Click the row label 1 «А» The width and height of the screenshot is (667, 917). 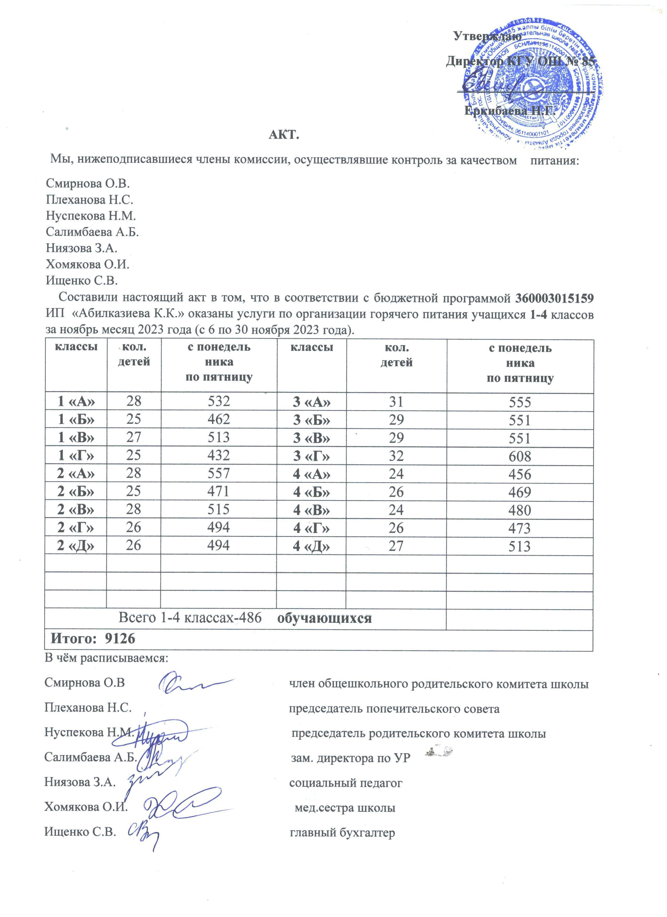click(76, 402)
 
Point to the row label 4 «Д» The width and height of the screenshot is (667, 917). click(312, 547)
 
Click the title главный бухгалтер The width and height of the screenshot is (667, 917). click(342, 833)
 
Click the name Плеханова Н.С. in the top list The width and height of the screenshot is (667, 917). click(89, 200)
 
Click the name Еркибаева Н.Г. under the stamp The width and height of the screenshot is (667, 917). click(508, 110)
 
